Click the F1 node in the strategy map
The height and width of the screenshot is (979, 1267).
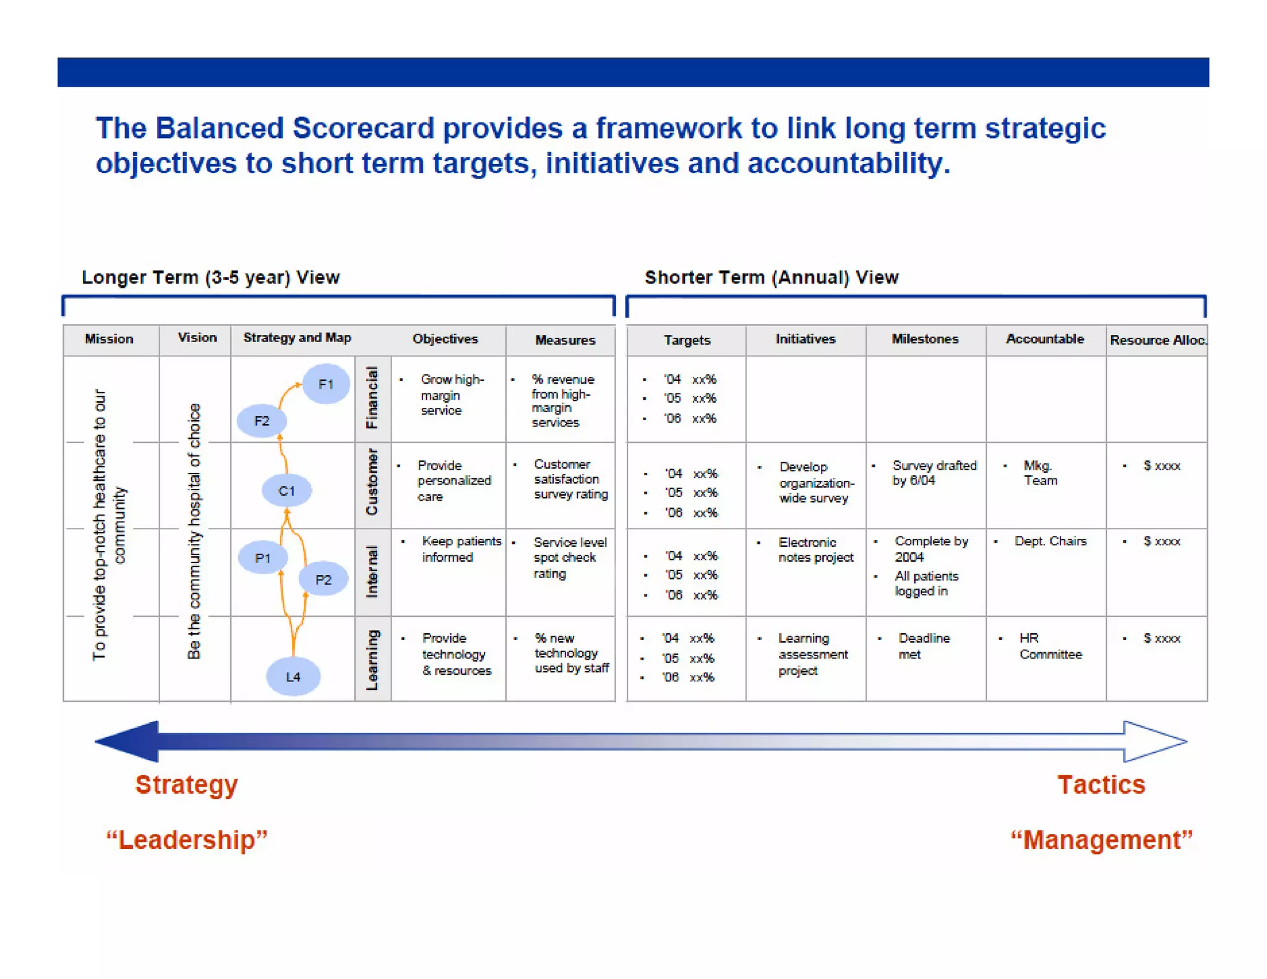(x=325, y=384)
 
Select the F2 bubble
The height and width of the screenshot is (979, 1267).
(x=262, y=421)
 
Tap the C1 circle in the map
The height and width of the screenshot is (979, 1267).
(x=286, y=491)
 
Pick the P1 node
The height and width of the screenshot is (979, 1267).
(x=263, y=558)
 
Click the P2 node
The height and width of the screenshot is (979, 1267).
(x=323, y=579)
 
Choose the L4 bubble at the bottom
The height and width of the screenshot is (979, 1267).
(x=293, y=676)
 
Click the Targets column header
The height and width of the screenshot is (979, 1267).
(x=687, y=340)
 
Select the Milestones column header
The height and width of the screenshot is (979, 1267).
(x=924, y=339)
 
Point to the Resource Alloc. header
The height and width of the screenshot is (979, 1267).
(x=1157, y=340)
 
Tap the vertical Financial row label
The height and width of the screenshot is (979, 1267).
(x=372, y=398)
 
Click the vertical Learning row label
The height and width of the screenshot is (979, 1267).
(x=372, y=660)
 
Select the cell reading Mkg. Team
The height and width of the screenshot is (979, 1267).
(x=1040, y=473)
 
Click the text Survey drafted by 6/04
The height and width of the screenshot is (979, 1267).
(x=934, y=473)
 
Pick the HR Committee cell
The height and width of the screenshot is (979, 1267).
(x=1050, y=646)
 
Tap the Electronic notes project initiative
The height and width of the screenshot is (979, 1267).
(x=815, y=550)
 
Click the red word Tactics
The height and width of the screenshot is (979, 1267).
(x=1101, y=785)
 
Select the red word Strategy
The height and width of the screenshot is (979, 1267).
(x=186, y=785)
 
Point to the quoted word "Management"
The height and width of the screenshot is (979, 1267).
(x=1101, y=840)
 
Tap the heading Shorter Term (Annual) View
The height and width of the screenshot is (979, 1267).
(x=771, y=277)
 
